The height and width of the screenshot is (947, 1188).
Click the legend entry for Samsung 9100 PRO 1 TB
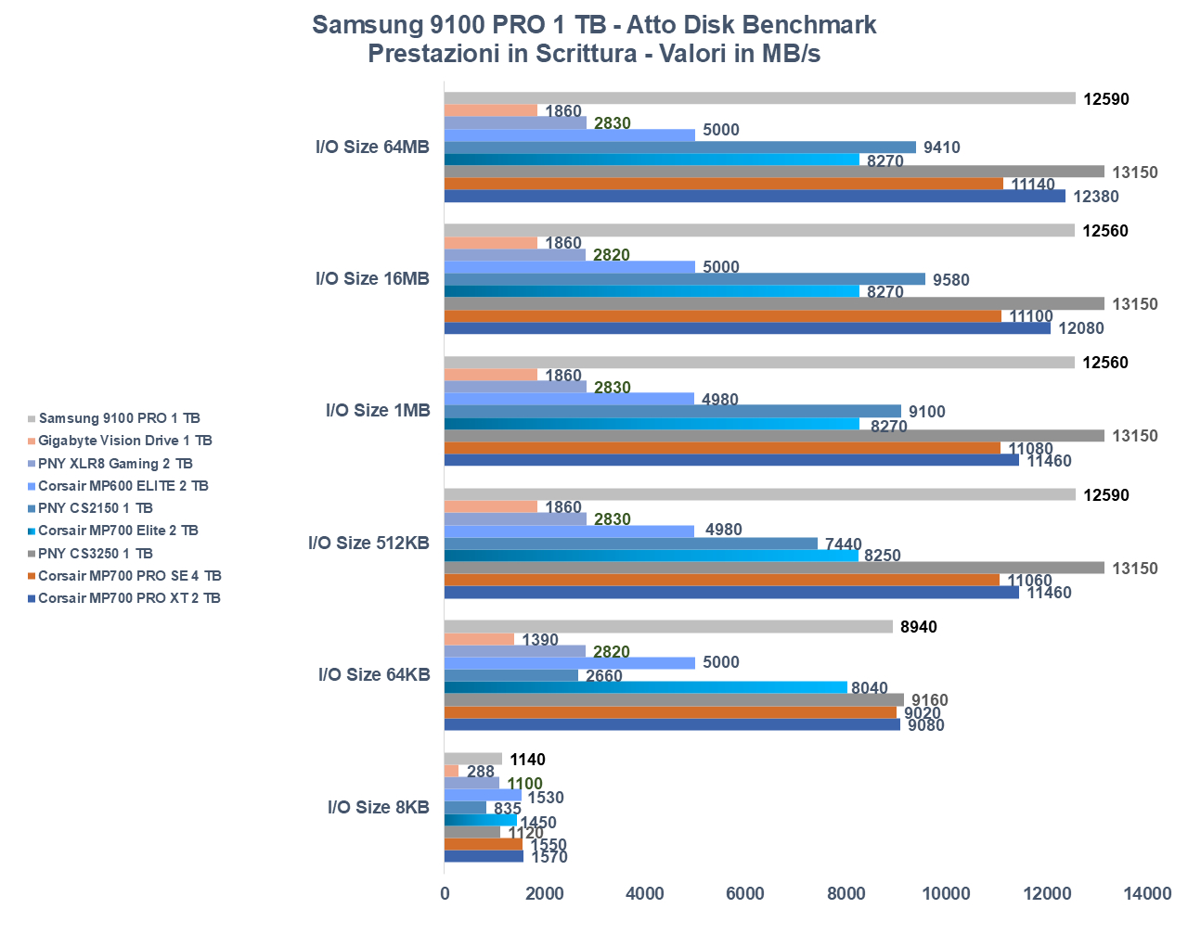tap(119, 418)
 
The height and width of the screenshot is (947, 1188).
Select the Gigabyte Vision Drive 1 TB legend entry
tap(124, 441)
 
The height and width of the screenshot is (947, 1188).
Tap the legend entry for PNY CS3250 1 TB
tap(95, 554)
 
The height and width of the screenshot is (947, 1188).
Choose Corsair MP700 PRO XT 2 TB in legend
tap(129, 598)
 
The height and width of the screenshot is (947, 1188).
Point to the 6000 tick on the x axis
tap(745, 893)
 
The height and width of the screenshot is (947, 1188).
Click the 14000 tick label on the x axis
tap(1147, 893)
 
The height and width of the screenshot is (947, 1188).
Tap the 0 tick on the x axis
tap(445, 893)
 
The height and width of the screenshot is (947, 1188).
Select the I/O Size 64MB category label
tap(372, 147)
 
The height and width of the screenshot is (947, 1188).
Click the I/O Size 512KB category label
tap(368, 543)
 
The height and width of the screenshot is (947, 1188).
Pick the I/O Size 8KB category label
tap(378, 807)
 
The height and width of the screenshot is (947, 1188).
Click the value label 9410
tap(941, 147)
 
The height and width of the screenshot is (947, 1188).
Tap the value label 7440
tap(843, 544)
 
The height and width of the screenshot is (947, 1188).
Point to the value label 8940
tap(919, 627)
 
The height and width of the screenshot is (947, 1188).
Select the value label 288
tap(481, 772)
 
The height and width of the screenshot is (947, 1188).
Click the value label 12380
tap(1096, 197)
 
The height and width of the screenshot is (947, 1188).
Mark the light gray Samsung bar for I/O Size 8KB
tap(473, 759)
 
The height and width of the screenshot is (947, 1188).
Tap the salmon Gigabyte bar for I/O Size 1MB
tap(491, 375)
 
